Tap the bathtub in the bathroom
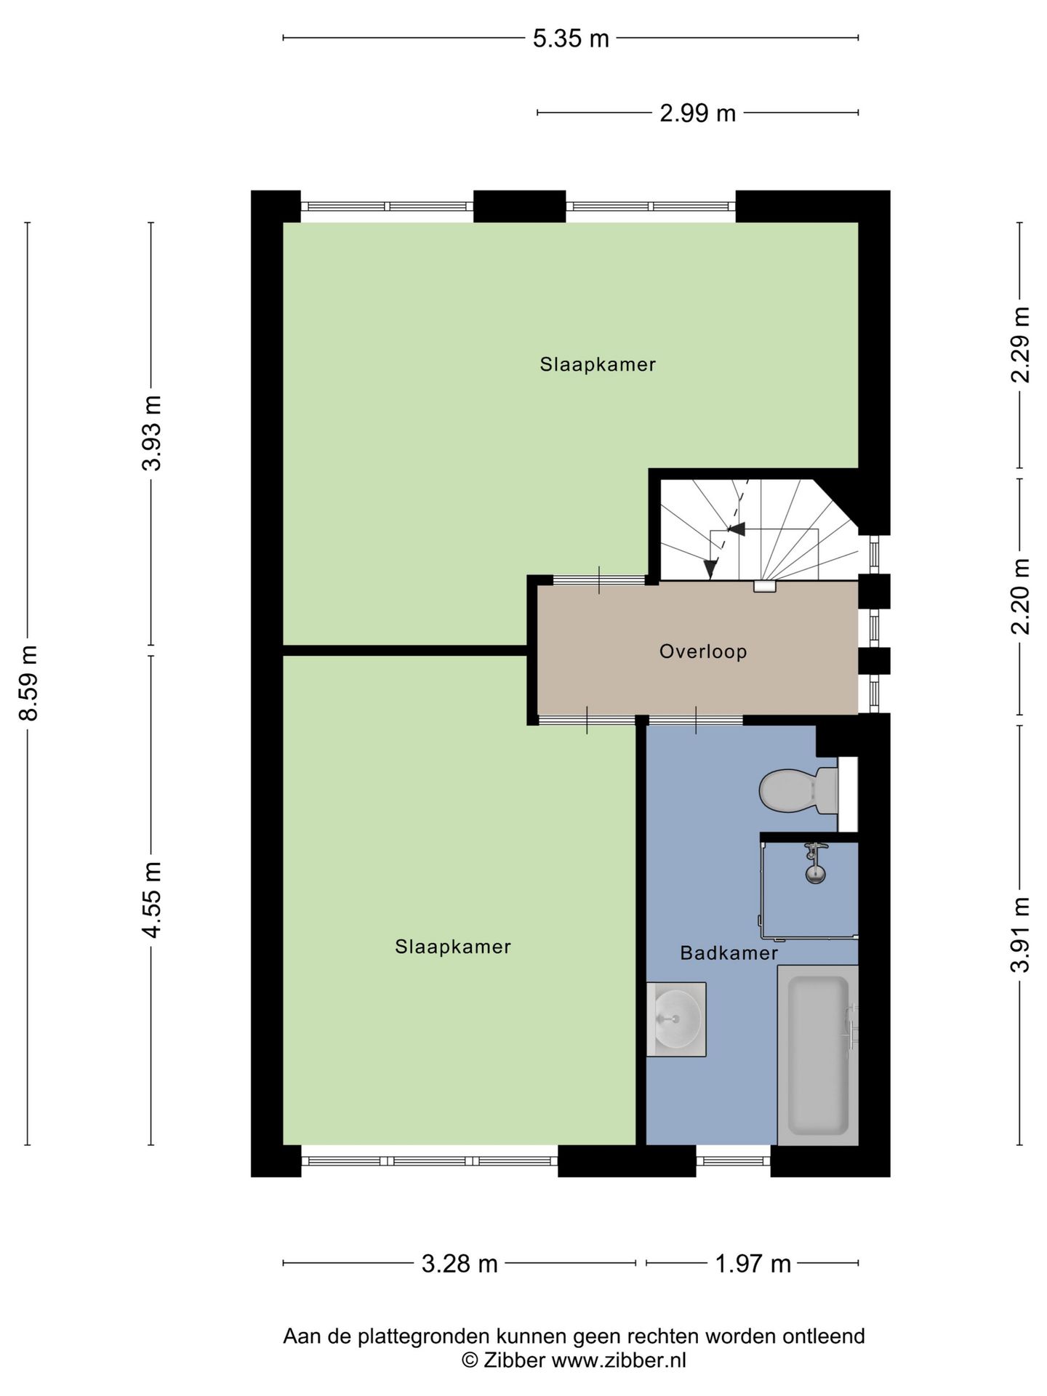tap(818, 1055)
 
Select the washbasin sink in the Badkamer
tap(676, 1019)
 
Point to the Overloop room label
tap(702, 651)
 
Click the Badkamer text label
tap(729, 952)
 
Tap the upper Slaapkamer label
tap(597, 364)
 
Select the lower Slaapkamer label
tap(452, 947)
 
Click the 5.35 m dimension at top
tap(570, 39)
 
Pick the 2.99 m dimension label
tap(697, 113)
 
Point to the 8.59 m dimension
tap(28, 683)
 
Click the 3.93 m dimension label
tap(152, 433)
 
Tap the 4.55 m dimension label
tap(152, 899)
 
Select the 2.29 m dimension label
tap(1020, 345)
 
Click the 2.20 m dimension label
tap(1020, 596)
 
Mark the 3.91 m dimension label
tap(1020, 934)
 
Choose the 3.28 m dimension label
tap(460, 1264)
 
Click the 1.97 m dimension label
tap(753, 1264)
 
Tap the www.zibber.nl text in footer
tap(618, 1360)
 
